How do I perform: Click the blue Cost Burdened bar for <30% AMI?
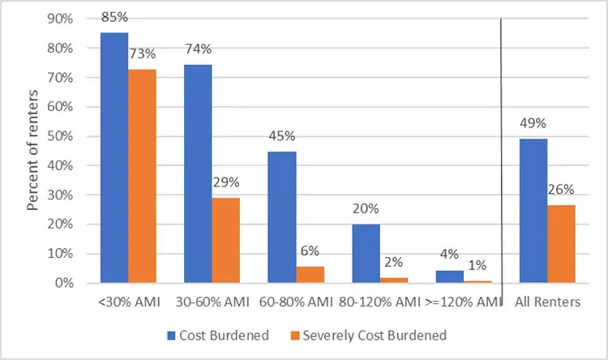tap(114, 158)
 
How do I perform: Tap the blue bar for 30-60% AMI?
tap(198, 174)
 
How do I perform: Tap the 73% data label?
tap(143, 54)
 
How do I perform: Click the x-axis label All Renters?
tap(547, 302)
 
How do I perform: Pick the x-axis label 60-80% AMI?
tap(296, 302)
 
